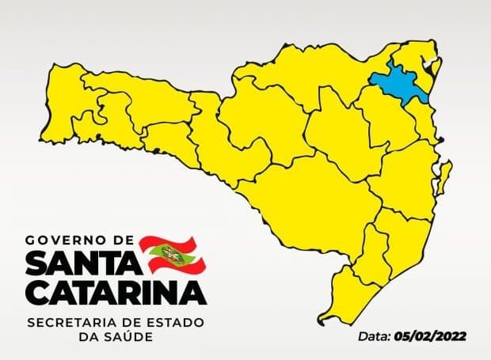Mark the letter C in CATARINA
(36, 292)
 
